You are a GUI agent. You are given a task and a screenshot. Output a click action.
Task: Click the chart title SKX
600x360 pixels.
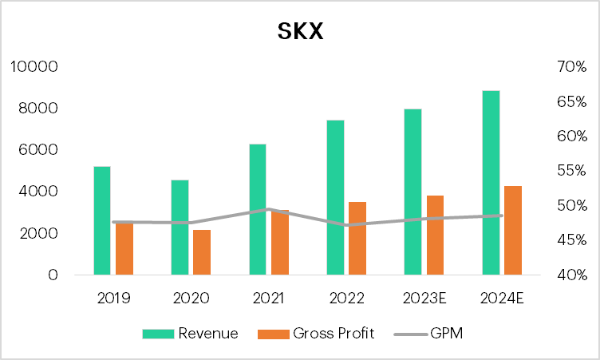tap(299, 31)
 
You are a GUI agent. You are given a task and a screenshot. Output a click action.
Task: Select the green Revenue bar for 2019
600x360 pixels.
tap(101, 220)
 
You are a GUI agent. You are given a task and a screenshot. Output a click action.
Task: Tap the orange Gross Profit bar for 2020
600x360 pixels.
tap(202, 252)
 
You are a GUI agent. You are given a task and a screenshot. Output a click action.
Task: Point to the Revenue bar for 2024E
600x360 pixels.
tap(491, 183)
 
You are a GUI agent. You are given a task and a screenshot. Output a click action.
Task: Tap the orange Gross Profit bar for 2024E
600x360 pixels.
tap(512, 231)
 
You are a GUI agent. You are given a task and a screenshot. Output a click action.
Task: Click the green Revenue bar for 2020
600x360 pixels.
tap(180, 227)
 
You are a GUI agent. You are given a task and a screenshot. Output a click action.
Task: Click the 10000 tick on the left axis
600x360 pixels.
tap(34, 66)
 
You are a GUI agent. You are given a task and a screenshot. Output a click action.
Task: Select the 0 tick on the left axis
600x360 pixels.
tap(53, 275)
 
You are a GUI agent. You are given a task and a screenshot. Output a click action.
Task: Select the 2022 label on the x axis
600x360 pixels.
tap(347, 299)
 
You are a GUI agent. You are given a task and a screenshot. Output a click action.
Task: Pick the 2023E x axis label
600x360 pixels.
tap(424, 299)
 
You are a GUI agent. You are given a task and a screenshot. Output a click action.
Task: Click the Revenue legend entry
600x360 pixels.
tap(191, 334)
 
